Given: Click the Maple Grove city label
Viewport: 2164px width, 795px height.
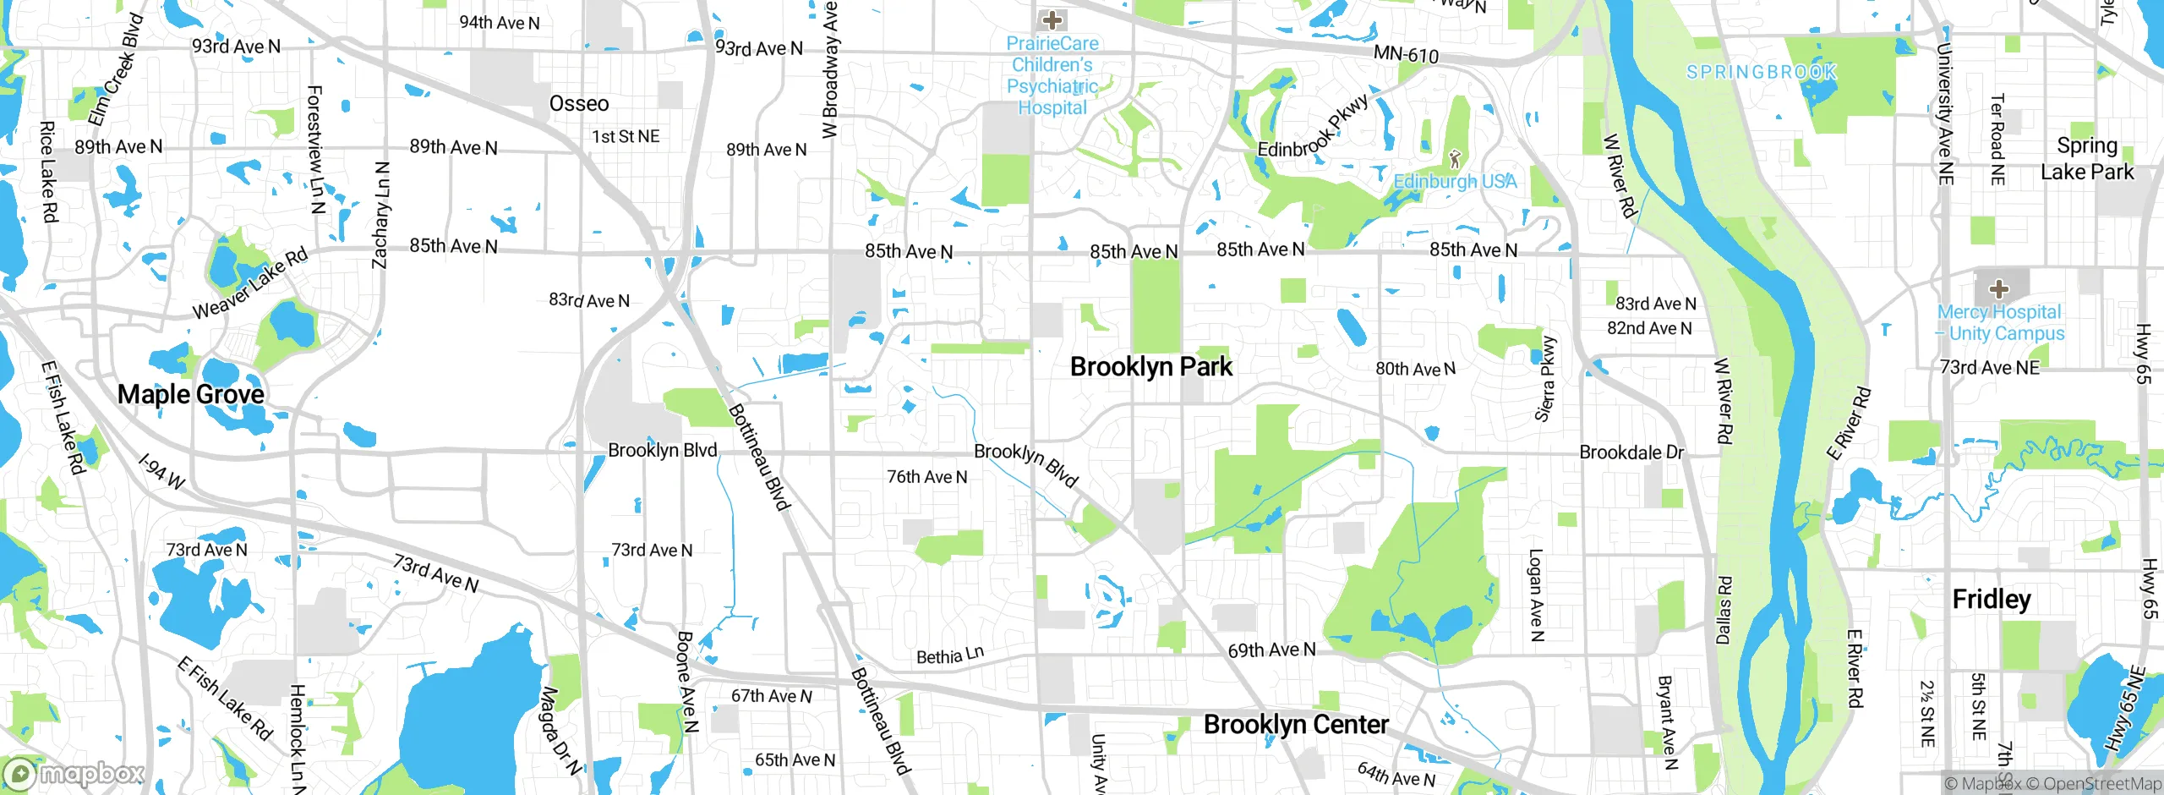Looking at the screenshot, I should (190, 394).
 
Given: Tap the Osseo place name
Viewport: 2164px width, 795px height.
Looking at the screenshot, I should (579, 104).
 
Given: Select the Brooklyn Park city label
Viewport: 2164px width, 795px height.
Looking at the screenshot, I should (1150, 367).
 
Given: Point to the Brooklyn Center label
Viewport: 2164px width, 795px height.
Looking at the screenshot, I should (1296, 725).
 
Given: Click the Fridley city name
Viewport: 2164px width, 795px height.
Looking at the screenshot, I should (1992, 600).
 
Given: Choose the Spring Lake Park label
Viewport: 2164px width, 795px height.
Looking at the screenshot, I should (2087, 159).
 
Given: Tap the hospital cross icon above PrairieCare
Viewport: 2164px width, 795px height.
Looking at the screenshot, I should (1052, 19).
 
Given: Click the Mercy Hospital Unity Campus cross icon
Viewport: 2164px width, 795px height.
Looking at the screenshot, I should (1999, 289).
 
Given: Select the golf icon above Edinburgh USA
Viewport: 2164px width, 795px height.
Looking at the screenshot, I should (1455, 158).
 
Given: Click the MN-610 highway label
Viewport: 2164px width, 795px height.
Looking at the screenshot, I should (1406, 55).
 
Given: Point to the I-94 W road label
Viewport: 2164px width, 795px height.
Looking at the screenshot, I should (161, 472).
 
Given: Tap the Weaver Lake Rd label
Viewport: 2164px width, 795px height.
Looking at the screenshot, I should (250, 285).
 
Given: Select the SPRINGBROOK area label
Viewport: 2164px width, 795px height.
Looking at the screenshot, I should (1762, 73).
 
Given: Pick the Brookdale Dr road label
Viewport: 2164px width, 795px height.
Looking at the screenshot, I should (1631, 452).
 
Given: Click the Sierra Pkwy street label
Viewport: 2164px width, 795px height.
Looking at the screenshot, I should (1545, 379).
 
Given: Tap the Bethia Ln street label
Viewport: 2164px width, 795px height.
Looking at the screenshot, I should (950, 655).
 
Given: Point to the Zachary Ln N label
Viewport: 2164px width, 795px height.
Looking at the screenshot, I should (381, 216).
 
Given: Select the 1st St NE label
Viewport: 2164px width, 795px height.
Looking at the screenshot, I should (626, 137).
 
